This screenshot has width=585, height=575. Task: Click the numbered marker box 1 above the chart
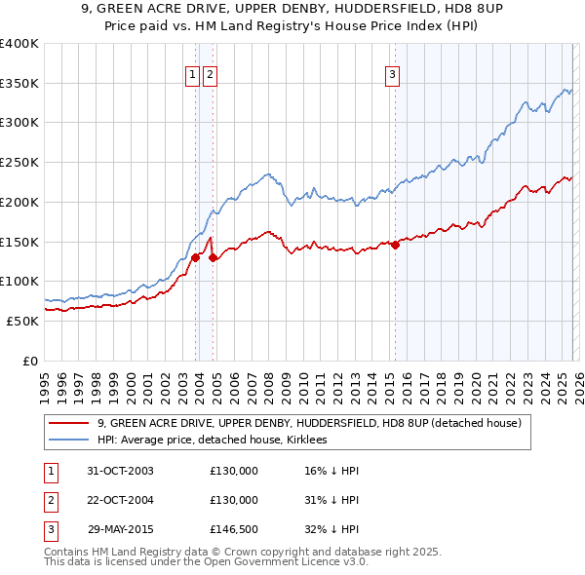tap(192, 73)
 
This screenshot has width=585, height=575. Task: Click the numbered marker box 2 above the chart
tap(210, 73)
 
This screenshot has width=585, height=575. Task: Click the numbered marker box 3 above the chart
tap(392, 73)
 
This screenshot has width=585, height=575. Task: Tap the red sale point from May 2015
tap(395, 245)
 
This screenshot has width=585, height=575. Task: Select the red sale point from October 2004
tap(214, 257)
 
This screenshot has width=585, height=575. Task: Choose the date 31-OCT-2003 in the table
tap(121, 471)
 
